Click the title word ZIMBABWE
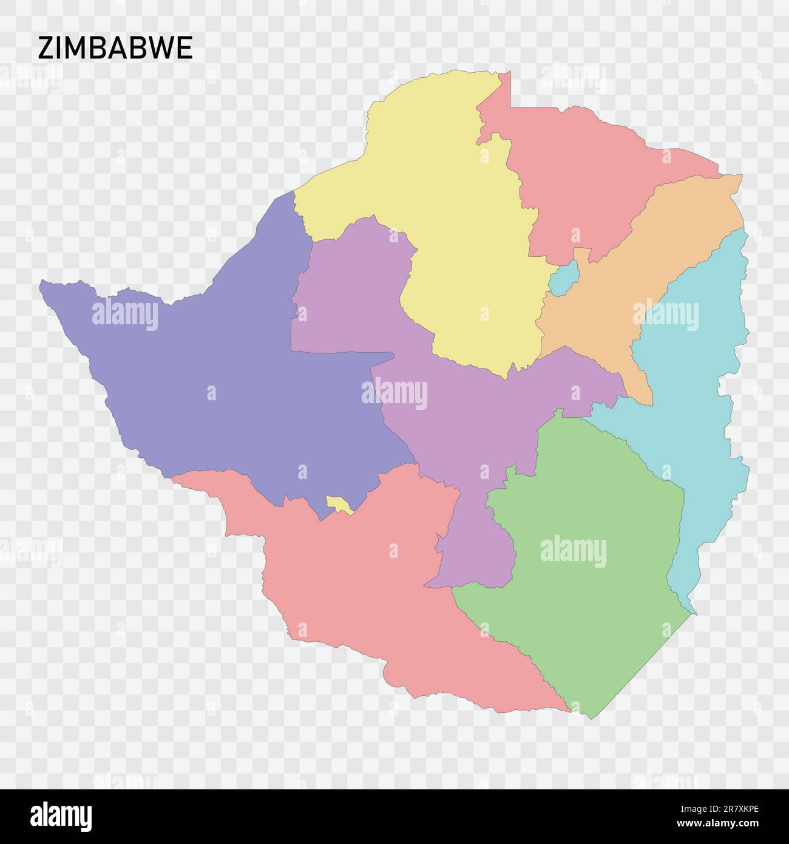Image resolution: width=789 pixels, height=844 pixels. [x=115, y=48]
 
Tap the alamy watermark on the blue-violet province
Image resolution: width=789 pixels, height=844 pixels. [x=125, y=315]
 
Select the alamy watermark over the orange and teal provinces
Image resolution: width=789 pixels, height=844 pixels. [x=665, y=315]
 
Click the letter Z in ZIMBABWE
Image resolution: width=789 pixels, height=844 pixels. [x=45, y=48]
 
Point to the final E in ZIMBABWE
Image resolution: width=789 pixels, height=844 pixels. [x=186, y=48]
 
